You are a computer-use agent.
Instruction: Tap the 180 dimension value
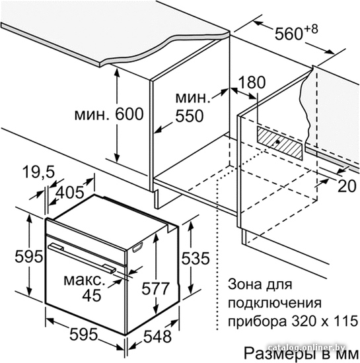(x=252, y=82)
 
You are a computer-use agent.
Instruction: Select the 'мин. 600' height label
(x=109, y=114)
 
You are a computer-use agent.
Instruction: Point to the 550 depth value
(x=190, y=115)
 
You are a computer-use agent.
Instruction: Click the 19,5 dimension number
(x=38, y=172)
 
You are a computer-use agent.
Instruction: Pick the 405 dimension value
(x=70, y=192)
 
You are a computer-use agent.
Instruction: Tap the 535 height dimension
(x=196, y=258)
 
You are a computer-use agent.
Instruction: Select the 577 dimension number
(x=155, y=288)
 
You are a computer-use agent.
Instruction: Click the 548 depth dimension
(x=158, y=337)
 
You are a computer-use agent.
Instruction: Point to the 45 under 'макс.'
(x=92, y=295)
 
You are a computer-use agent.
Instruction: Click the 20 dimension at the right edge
(x=347, y=186)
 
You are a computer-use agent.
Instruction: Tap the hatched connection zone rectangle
(x=279, y=143)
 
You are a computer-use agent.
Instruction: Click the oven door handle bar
(x=81, y=257)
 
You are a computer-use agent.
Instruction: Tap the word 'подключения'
(x=275, y=303)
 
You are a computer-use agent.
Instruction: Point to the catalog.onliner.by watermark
(x=306, y=347)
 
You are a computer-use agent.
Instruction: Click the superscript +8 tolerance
(x=310, y=29)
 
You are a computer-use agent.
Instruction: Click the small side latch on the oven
(x=137, y=247)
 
